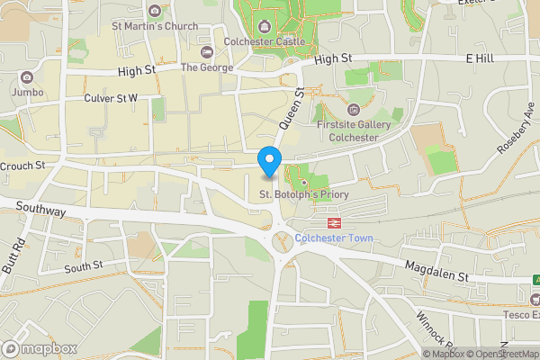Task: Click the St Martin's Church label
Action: click(x=155, y=26)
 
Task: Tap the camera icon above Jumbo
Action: click(x=26, y=77)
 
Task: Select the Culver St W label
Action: click(x=111, y=97)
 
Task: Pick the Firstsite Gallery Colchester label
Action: click(x=354, y=130)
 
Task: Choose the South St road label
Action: click(x=84, y=266)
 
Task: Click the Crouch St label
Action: click(x=22, y=166)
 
